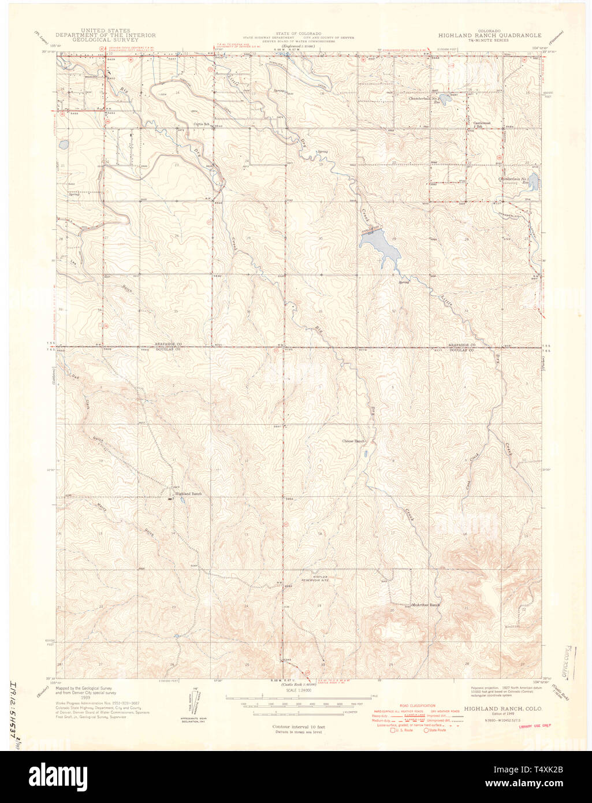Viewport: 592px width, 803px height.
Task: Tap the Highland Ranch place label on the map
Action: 189,494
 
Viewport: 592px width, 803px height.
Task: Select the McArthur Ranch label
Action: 426,605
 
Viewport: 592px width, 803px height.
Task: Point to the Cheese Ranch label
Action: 353,441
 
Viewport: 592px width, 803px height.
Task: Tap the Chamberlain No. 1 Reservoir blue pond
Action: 533,183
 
